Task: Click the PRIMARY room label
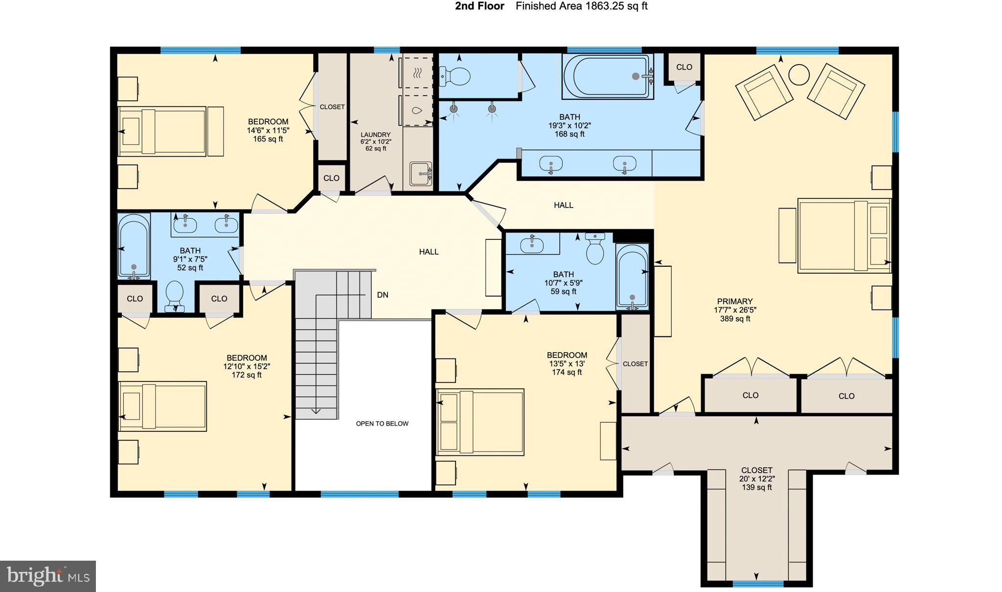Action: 734,301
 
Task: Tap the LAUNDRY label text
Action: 376,135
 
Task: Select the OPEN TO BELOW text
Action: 382,424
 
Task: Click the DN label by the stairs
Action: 383,295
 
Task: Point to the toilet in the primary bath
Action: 455,76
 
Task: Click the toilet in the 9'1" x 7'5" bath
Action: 175,296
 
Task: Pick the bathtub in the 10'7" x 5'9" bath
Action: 632,277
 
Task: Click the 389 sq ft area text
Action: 735,319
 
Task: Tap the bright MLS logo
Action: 48,576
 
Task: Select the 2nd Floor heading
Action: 479,6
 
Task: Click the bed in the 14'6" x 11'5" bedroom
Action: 162,132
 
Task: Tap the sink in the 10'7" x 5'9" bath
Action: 532,243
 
